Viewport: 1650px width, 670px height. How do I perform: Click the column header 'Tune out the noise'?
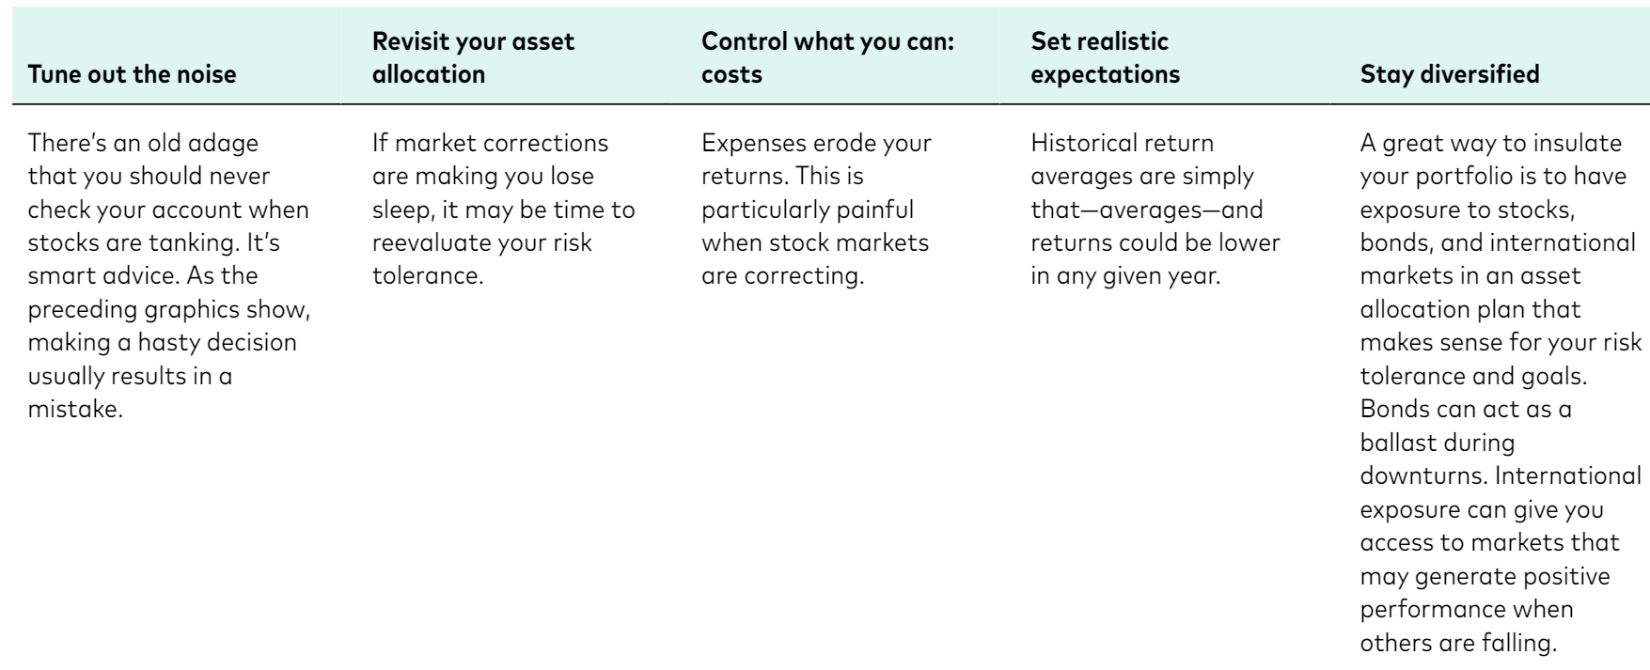coord(133,74)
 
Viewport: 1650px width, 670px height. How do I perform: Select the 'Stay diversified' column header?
coord(1450,74)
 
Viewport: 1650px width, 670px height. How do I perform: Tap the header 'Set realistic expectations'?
coord(1106,57)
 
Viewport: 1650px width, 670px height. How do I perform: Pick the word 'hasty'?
coord(181,342)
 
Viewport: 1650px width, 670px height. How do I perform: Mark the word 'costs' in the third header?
coord(732,74)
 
